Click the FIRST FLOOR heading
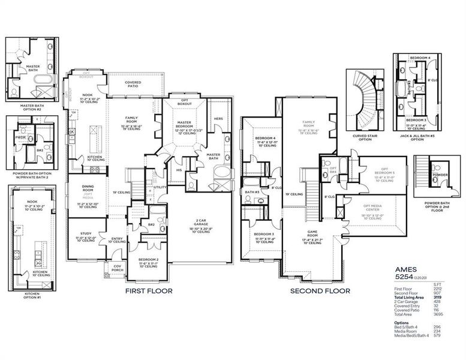(x=148, y=290)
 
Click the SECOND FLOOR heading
(x=320, y=290)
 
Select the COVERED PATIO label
(x=133, y=85)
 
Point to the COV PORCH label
(x=116, y=268)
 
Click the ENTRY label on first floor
(x=117, y=239)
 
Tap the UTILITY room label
(x=160, y=188)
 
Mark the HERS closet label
(x=218, y=119)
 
